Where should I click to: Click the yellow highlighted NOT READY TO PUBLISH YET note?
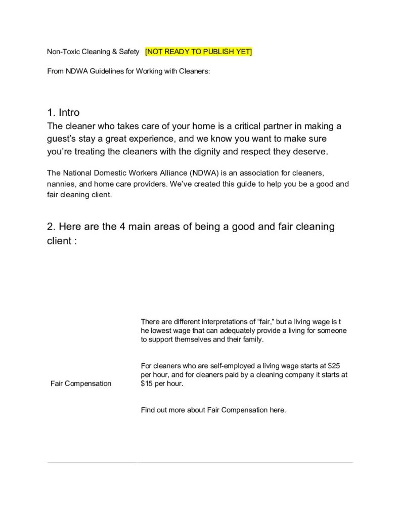[198, 52]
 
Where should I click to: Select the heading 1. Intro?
[63, 112]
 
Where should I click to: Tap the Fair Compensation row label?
[81, 383]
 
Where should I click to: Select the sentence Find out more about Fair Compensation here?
[213, 410]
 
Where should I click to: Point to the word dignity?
[225, 151]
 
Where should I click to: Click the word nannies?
[61, 184]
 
